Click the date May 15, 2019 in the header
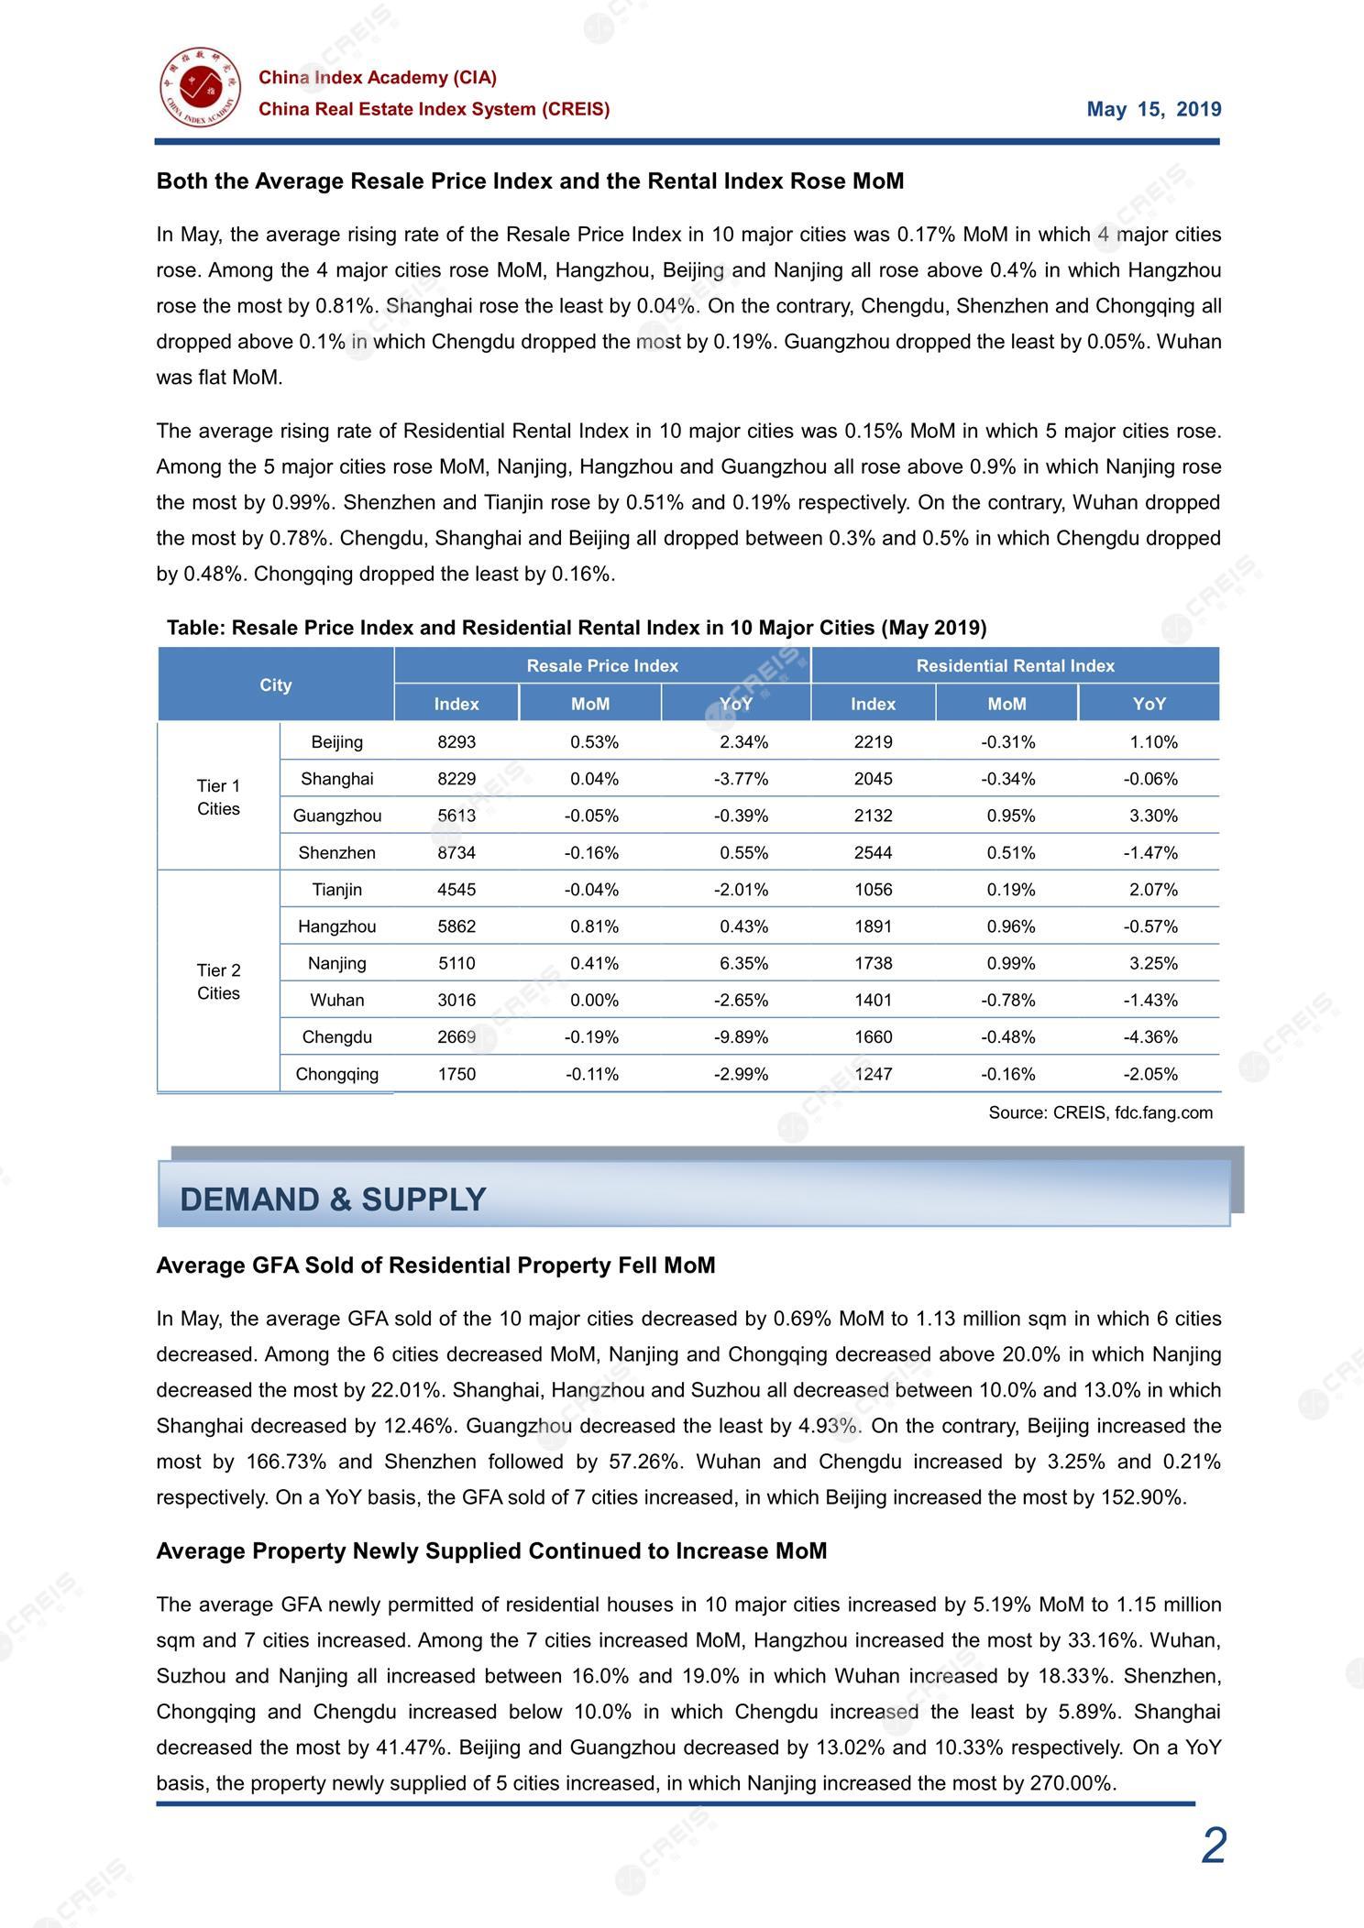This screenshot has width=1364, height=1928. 1153,110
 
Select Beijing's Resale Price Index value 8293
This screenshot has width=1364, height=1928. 456,742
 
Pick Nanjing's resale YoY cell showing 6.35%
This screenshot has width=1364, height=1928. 743,963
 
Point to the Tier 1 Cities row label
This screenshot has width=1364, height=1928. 218,797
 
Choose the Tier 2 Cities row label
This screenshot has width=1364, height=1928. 218,981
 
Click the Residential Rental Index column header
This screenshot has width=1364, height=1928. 1015,666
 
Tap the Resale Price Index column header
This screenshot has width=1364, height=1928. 602,666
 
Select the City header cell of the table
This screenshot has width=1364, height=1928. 275,685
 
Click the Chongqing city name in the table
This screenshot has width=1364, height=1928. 336,1074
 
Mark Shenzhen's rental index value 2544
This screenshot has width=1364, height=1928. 873,853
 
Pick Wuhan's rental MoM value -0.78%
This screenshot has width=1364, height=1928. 1007,1001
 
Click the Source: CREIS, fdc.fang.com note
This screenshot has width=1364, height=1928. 1100,1113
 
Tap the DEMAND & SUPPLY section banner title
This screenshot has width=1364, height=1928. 333,1200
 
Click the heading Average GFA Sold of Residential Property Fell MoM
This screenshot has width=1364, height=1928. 435,1265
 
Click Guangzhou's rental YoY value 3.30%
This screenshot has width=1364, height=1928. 1153,816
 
